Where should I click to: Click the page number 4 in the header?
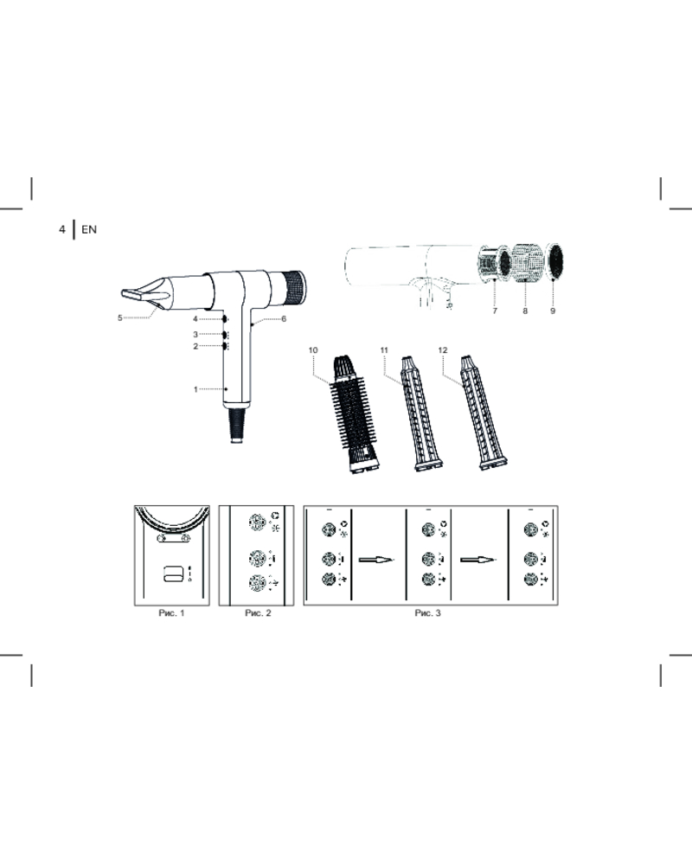click(x=61, y=229)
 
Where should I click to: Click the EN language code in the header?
click(x=89, y=229)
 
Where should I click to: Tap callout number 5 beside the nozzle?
click(x=119, y=317)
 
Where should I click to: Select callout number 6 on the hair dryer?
click(x=284, y=319)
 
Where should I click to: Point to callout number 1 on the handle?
click(x=195, y=389)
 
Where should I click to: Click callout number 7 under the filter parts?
click(x=495, y=311)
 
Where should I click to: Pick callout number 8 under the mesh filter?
click(x=525, y=311)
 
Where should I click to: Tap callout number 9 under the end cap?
click(x=553, y=311)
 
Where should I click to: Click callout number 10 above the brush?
click(x=313, y=349)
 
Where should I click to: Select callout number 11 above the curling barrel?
click(x=384, y=349)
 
